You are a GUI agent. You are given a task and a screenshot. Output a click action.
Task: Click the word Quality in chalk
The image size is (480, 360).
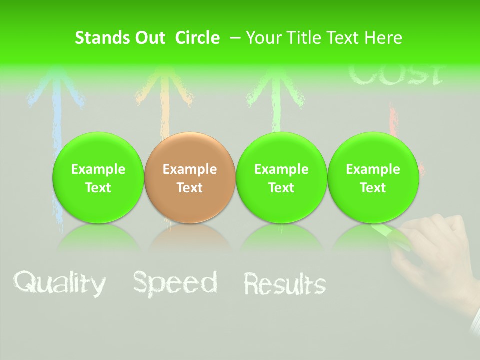click(x=59, y=283)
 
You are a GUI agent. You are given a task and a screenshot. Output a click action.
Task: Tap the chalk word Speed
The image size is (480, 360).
click(x=175, y=283)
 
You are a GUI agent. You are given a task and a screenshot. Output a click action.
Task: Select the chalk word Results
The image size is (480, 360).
click(x=284, y=284)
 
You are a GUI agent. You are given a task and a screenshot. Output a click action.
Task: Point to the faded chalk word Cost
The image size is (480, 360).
click(x=395, y=75)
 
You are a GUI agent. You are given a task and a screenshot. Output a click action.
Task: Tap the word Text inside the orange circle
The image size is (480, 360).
click(x=189, y=188)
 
